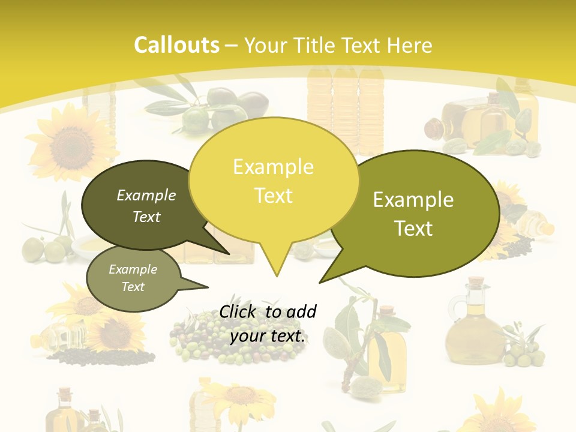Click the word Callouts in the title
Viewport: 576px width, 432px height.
tap(176, 45)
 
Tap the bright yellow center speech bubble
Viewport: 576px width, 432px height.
tap(273, 180)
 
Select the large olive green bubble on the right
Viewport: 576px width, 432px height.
tap(420, 213)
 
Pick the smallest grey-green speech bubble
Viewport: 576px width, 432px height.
tap(133, 278)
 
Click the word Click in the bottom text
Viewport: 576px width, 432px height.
tap(238, 311)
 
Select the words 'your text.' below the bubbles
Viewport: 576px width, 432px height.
tap(268, 336)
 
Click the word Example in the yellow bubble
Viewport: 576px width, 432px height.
tap(273, 167)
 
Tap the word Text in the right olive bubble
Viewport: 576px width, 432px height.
tap(414, 229)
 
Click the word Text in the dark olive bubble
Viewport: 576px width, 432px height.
tap(146, 217)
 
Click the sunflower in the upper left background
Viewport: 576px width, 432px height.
tap(69, 144)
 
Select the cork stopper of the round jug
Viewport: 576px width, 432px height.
tap(476, 282)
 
